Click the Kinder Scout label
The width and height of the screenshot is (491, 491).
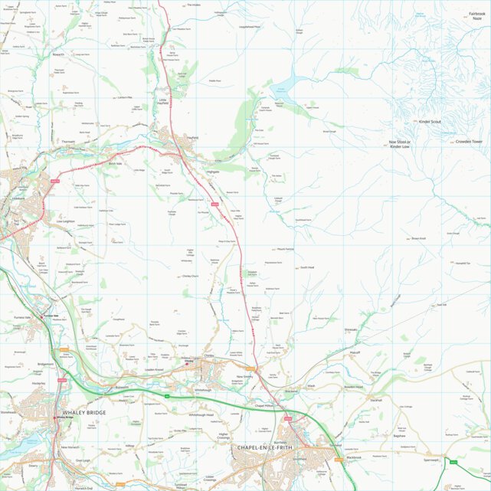[x=429, y=122]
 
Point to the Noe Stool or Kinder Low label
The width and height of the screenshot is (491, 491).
[x=400, y=144]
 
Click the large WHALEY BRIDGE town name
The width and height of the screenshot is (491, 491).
[x=74, y=412]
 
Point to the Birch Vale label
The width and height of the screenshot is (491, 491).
[x=115, y=163]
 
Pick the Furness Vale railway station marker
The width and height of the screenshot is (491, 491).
[x=43, y=316]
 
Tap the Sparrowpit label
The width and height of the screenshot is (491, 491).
[x=430, y=461]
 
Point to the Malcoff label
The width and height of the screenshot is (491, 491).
[x=354, y=353]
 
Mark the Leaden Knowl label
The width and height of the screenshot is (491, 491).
[x=154, y=370]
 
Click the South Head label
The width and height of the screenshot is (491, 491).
[x=306, y=267]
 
